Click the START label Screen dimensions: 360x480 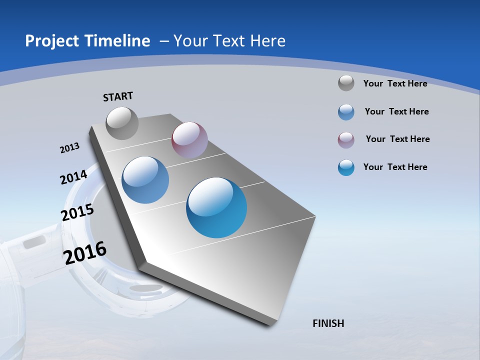[x=118, y=96]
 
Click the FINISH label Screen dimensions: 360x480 [x=328, y=323]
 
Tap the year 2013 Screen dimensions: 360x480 [x=70, y=148]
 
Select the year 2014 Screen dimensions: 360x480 [x=73, y=177]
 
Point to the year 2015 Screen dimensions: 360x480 [x=77, y=212]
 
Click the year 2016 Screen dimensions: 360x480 [x=85, y=253]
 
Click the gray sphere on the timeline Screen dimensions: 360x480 [x=122, y=123]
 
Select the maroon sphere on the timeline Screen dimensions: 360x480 [x=189, y=140]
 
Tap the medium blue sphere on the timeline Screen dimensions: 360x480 [x=145, y=180]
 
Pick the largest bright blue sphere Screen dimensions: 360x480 [x=216, y=207]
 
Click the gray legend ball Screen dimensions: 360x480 [x=346, y=83]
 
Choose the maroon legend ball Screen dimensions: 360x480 [x=346, y=140]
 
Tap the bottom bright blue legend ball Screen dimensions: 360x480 [x=346, y=167]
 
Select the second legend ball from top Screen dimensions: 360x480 [x=346, y=112]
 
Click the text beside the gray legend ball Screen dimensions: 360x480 [x=395, y=83]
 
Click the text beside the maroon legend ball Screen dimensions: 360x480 [x=397, y=139]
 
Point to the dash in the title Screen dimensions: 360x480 [x=164, y=41]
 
